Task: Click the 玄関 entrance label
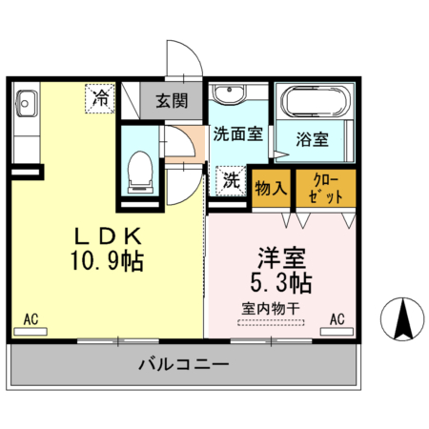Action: coord(172,99)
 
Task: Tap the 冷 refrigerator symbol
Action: coord(100,96)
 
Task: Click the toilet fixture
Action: coord(140,171)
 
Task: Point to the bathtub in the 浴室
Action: coord(314,102)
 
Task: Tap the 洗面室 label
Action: coord(238,134)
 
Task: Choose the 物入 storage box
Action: coord(273,188)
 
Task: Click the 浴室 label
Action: coord(313,139)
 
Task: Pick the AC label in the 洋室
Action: coord(337,319)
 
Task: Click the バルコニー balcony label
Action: coord(183,364)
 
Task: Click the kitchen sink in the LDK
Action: coord(25,102)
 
